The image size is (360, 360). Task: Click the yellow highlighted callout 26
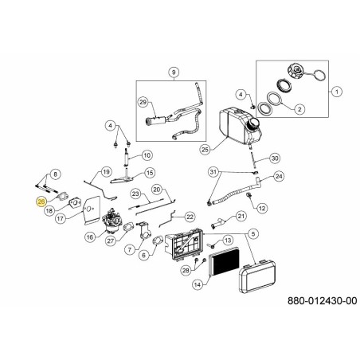click(x=41, y=202)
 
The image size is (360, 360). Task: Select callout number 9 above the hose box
click(x=174, y=72)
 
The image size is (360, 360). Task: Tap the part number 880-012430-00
click(x=323, y=301)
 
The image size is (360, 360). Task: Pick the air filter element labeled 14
click(x=224, y=261)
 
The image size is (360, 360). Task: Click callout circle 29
click(x=143, y=102)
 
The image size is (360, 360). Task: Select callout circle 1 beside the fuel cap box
click(x=337, y=92)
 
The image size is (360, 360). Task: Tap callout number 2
click(x=299, y=109)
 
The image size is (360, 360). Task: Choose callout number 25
click(x=205, y=150)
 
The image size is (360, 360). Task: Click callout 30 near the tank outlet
click(x=275, y=158)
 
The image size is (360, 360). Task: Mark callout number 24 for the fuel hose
click(x=279, y=176)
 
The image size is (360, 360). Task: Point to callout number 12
click(x=262, y=208)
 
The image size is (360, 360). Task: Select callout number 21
click(x=241, y=216)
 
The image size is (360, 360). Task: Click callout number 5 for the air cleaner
click(x=253, y=233)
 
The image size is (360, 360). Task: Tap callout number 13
click(x=228, y=241)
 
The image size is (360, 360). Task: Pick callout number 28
click(x=186, y=270)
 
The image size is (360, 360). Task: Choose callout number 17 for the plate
click(x=61, y=218)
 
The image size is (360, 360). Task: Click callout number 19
click(x=106, y=172)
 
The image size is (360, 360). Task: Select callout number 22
click(x=190, y=217)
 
